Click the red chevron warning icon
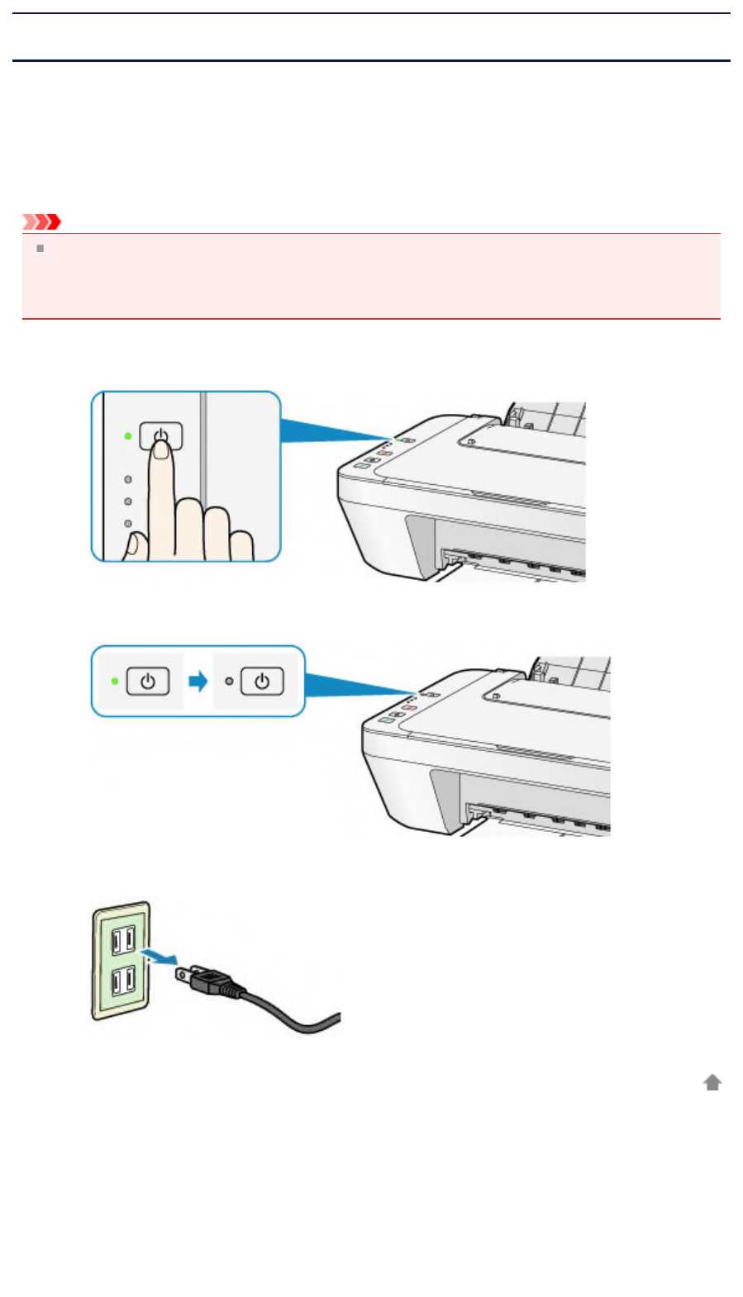click(41, 221)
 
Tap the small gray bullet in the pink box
click(39, 248)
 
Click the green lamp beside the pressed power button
click(127, 435)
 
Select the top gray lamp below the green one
click(127, 478)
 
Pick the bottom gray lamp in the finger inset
click(127, 523)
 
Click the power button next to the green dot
click(148, 682)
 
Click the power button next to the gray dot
click(262, 682)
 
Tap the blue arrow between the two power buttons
click(198, 682)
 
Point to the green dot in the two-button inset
click(115, 682)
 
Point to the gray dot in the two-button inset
click(229, 682)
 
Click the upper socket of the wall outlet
click(122, 939)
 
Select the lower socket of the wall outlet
click(122, 981)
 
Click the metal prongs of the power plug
click(184, 975)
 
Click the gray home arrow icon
click(712, 1082)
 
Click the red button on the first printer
click(384, 453)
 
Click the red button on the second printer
click(409, 708)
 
